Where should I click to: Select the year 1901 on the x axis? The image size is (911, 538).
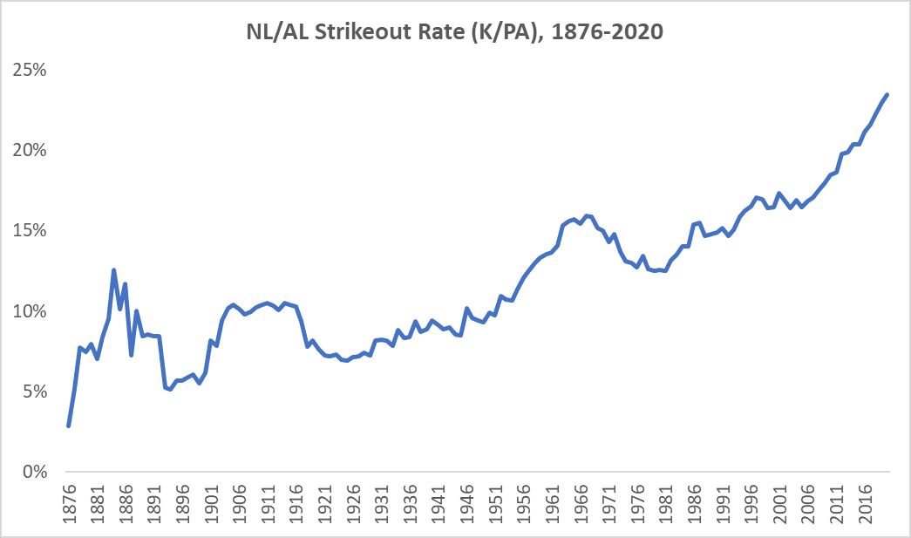click(210, 502)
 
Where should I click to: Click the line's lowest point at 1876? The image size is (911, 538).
click(68, 426)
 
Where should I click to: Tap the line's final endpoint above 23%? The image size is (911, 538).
click(887, 94)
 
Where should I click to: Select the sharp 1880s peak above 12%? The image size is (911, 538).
click(113, 270)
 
